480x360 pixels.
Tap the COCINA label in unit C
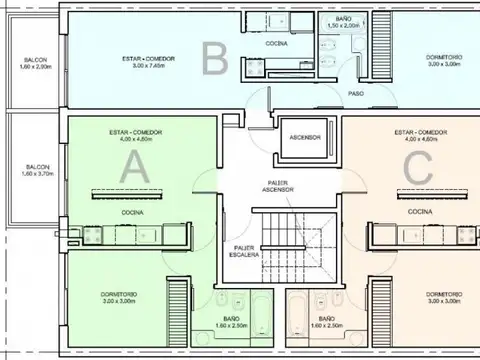420,212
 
